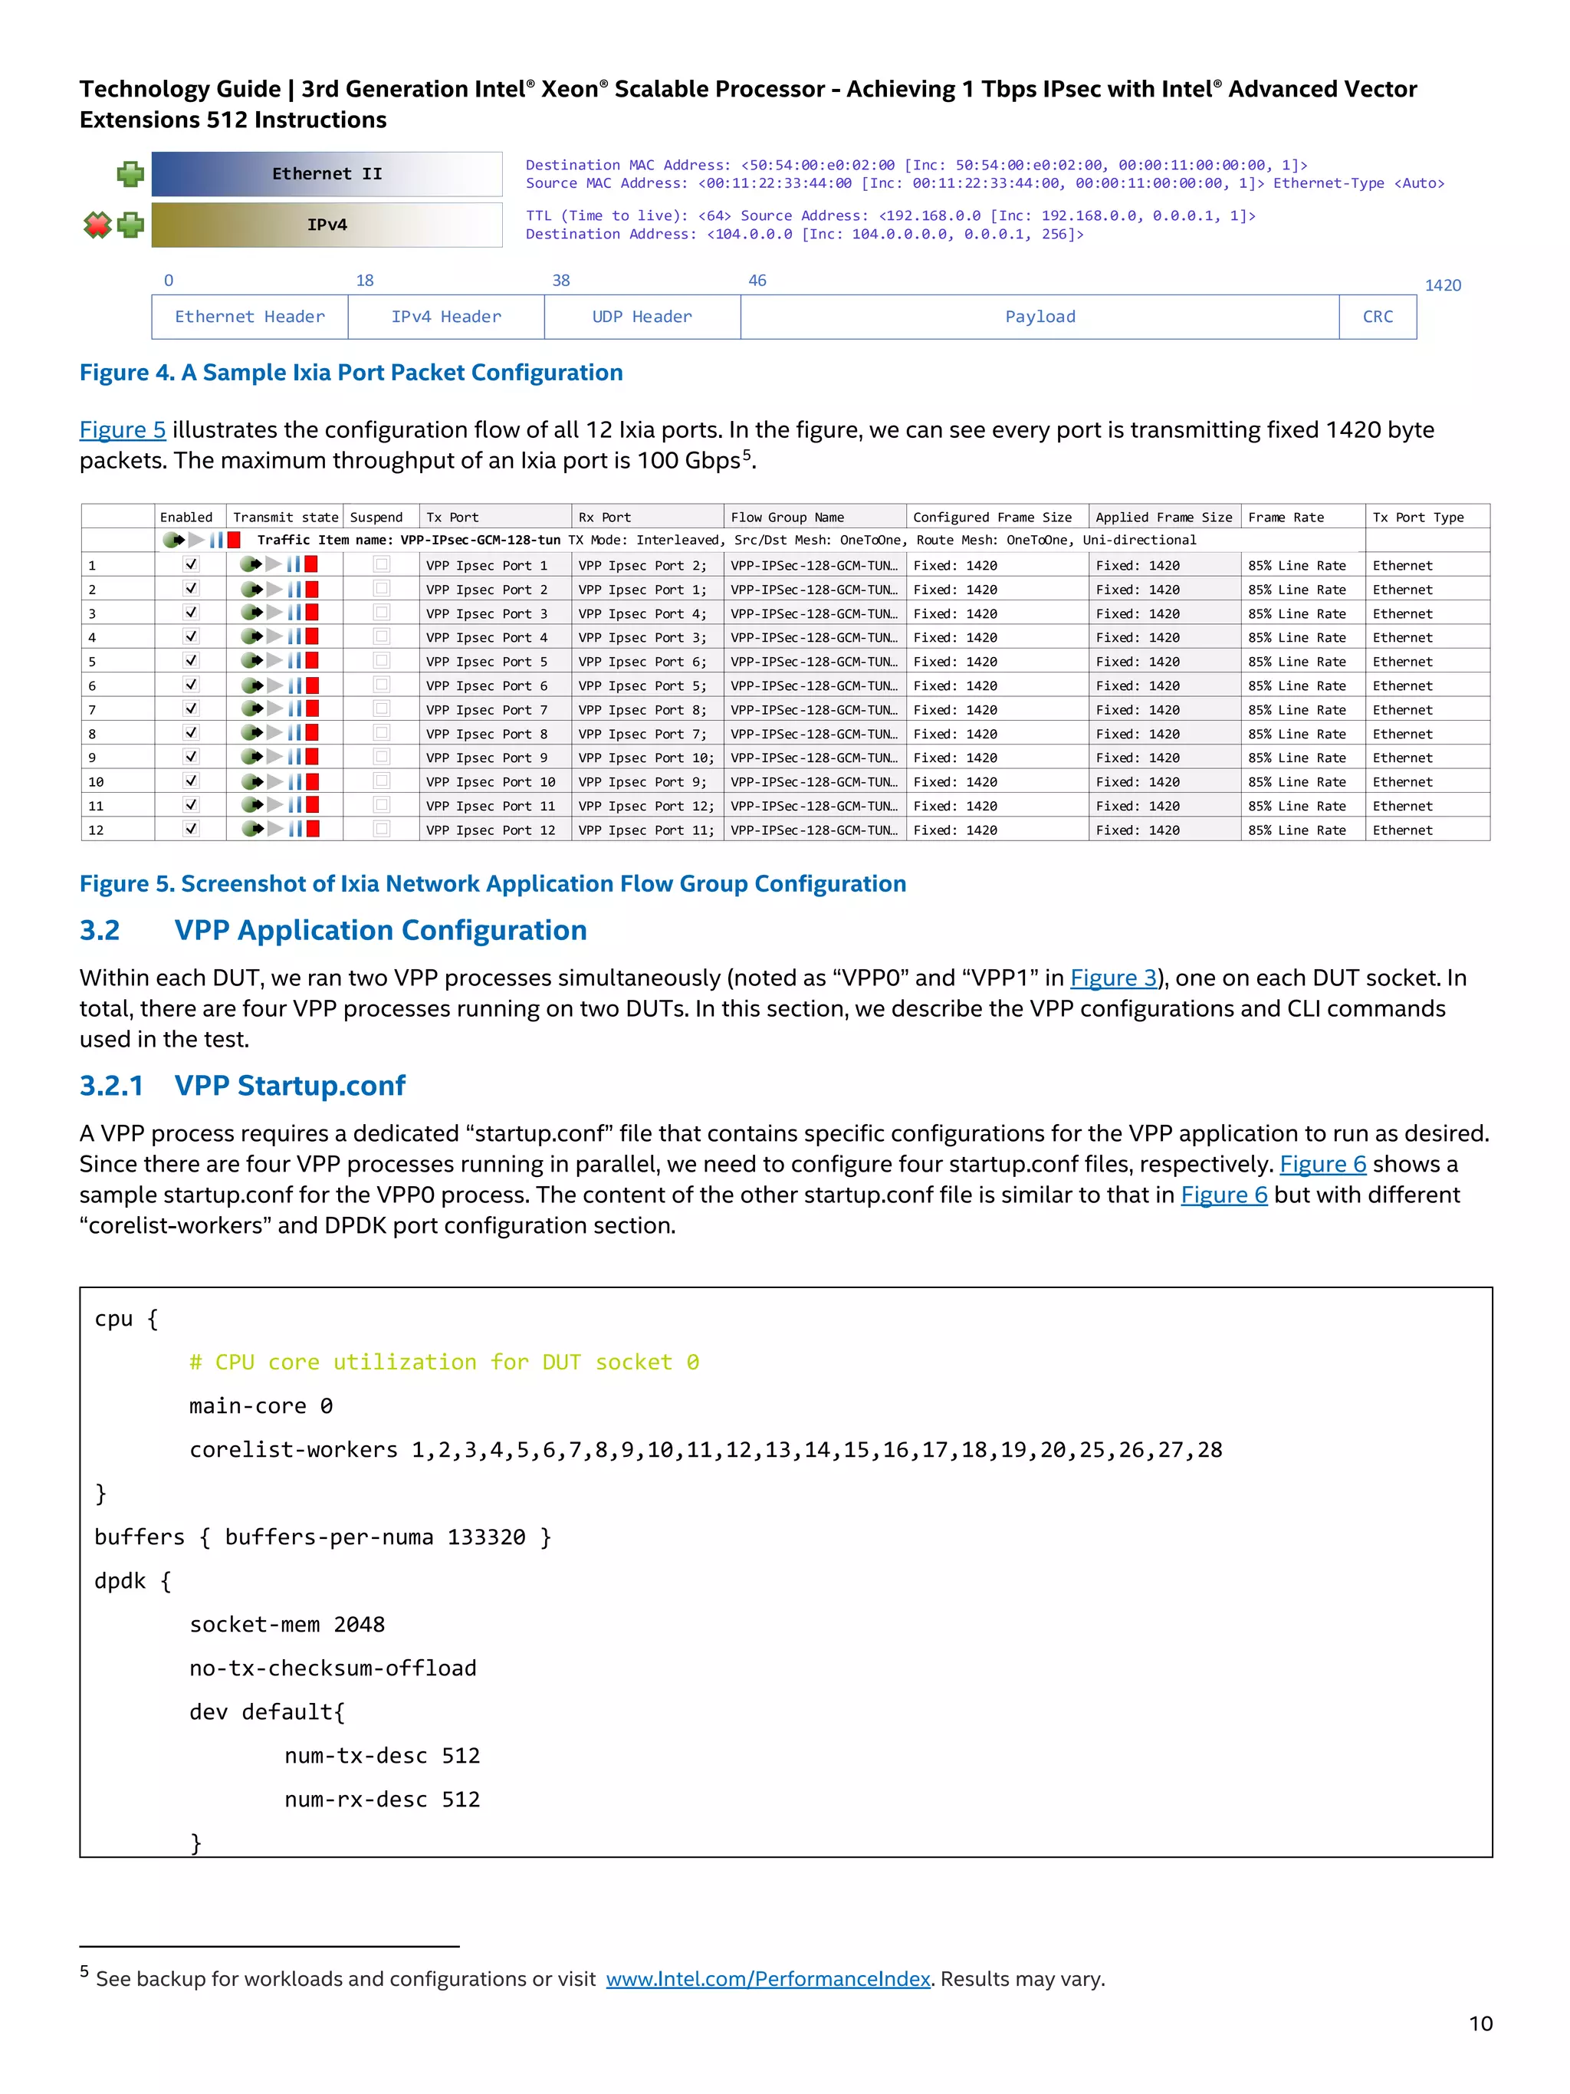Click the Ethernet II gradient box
click(x=327, y=174)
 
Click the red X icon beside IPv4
click(x=97, y=225)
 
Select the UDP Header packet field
click(x=642, y=317)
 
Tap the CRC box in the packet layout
click(x=1377, y=317)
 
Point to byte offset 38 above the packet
click(x=561, y=280)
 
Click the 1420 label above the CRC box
click(x=1442, y=285)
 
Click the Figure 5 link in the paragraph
click(x=122, y=430)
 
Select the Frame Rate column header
click(x=1285, y=517)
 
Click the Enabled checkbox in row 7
click(x=191, y=709)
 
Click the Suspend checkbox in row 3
click(x=381, y=613)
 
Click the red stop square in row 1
click(x=311, y=564)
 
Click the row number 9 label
click(x=92, y=758)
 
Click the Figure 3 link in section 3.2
click(x=1113, y=978)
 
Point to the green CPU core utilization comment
click(x=444, y=1363)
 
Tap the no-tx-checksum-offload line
click(x=333, y=1668)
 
